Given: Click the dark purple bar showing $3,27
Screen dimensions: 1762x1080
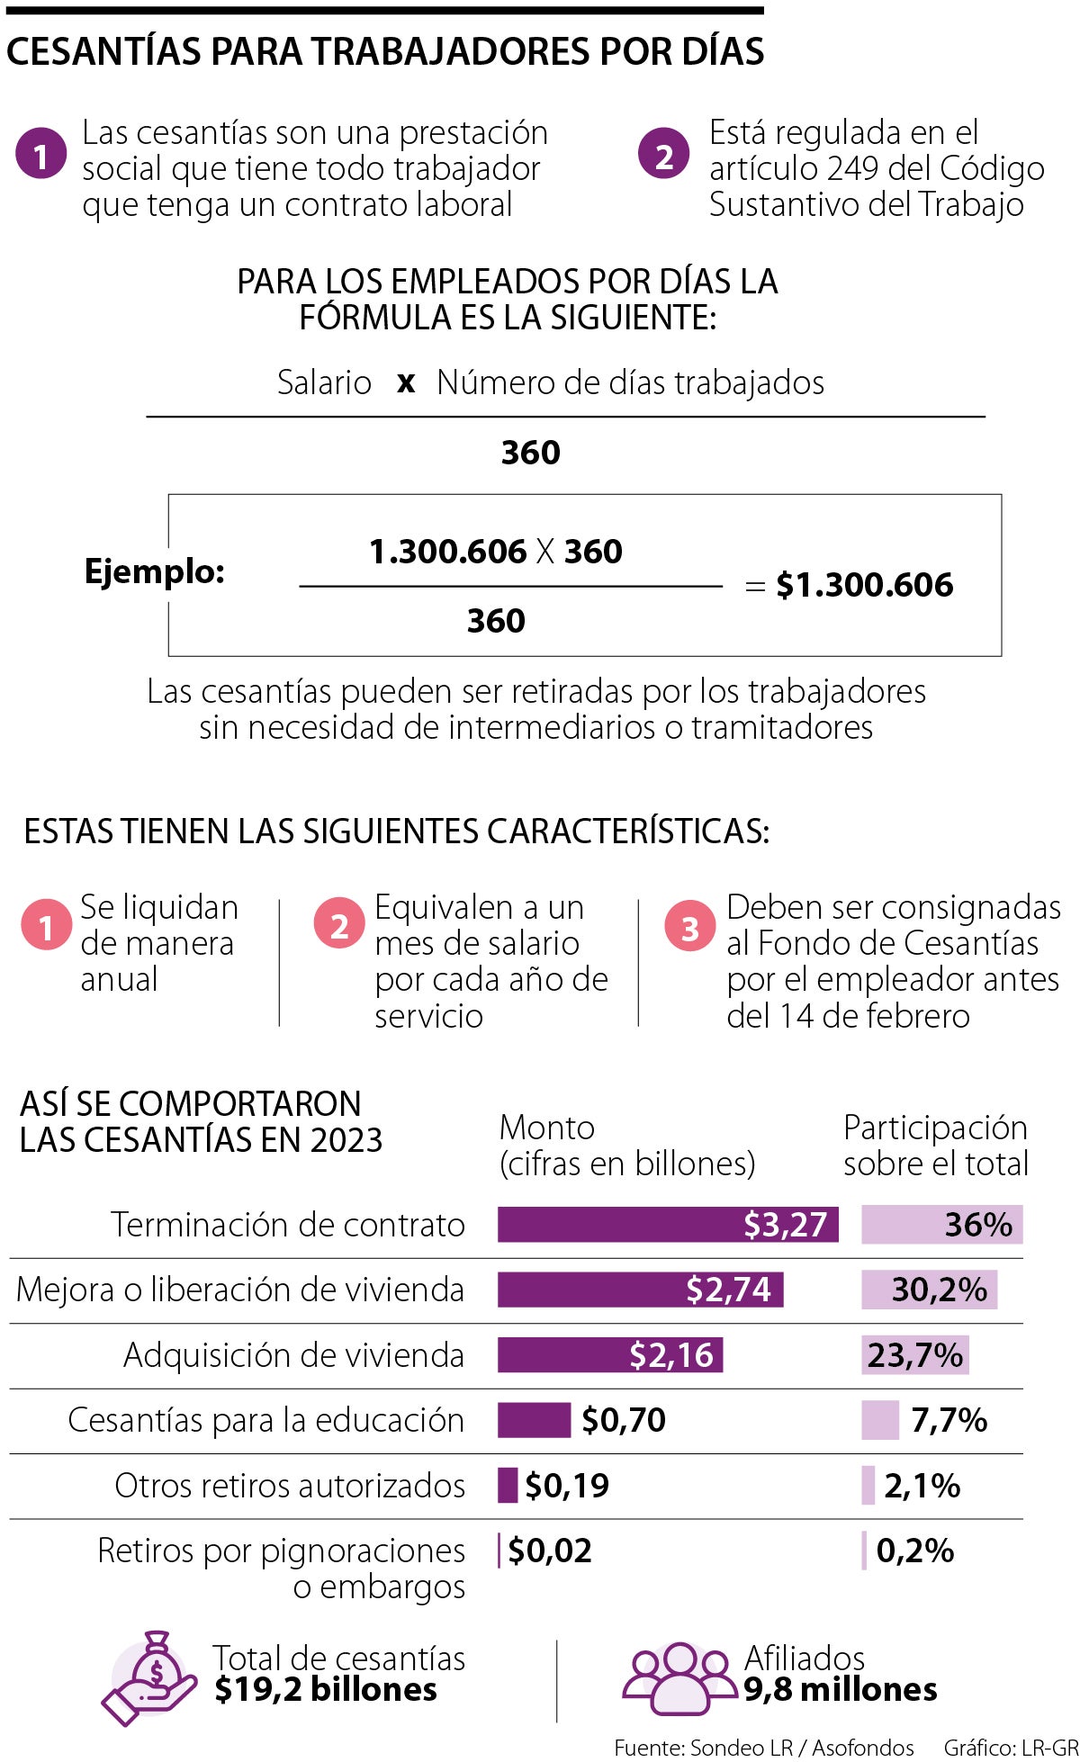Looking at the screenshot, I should pos(667,1225).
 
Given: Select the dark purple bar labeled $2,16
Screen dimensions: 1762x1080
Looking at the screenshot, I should pos(609,1355).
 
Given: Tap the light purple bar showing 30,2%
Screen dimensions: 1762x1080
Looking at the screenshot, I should pos(929,1290).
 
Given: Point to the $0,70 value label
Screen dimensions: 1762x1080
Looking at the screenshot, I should pos(624,1420).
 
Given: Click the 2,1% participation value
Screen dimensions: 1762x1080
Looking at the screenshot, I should pos(922,1486).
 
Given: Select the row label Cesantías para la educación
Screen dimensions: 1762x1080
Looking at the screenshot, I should pos(265,1420).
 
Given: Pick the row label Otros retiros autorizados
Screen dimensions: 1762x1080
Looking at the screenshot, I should pos(290,1486).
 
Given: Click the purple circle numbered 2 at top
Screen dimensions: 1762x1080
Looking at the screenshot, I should pos(664,155).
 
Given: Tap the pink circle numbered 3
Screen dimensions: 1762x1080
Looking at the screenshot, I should pos(689,928).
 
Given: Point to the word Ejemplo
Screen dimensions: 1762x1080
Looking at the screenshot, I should pos(154,571).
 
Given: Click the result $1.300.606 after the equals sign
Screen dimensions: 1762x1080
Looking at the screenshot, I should pos(864,585).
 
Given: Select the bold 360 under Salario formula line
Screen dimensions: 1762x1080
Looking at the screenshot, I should pos(530,452).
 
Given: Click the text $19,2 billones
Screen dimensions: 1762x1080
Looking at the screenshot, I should pos(326,1690).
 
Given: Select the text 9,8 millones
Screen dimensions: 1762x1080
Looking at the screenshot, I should pos(841,1690).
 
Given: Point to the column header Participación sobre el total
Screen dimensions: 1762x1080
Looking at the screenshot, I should pos(935,1146).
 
